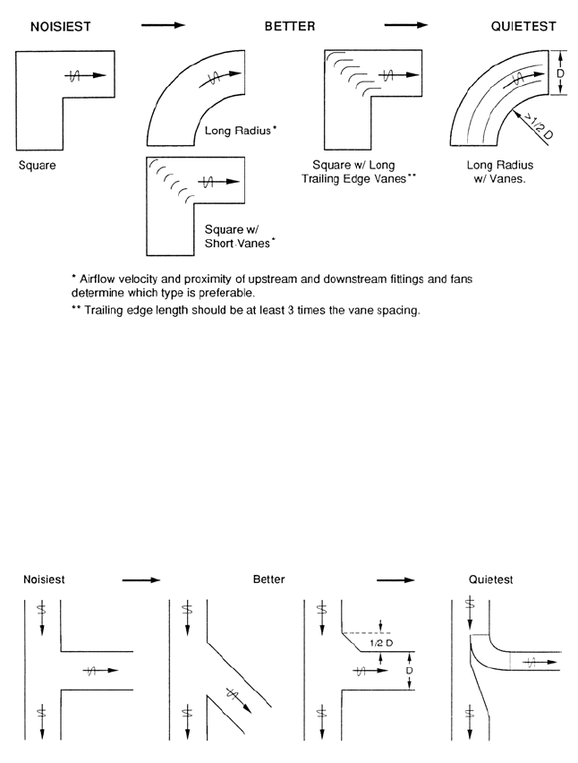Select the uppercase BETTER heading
click(289, 28)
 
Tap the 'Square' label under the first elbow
click(37, 166)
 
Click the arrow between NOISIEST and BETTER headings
click(163, 27)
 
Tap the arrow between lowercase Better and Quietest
click(395, 580)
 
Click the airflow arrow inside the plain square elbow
click(86, 77)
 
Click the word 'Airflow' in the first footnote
click(99, 279)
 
